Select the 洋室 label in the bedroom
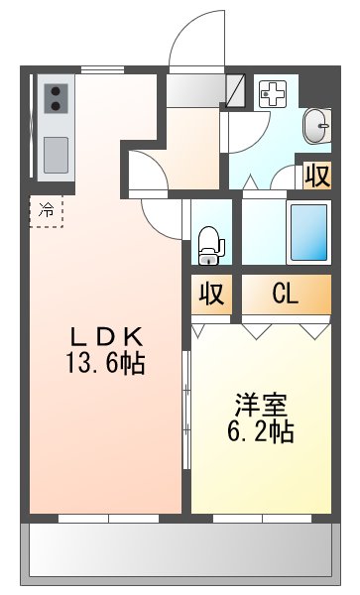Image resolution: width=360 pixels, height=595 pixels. tap(261, 406)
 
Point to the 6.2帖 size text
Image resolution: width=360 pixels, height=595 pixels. tap(261, 432)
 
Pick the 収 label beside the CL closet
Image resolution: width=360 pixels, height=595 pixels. tap(210, 295)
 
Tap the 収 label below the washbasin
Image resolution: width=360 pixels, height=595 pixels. tap(316, 176)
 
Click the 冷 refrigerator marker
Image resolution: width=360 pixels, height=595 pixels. tap(46, 209)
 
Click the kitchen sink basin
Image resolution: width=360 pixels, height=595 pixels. tap(55, 154)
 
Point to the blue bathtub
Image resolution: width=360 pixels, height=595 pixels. tap(308, 233)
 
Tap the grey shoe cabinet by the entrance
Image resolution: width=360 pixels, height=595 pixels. tap(194, 91)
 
